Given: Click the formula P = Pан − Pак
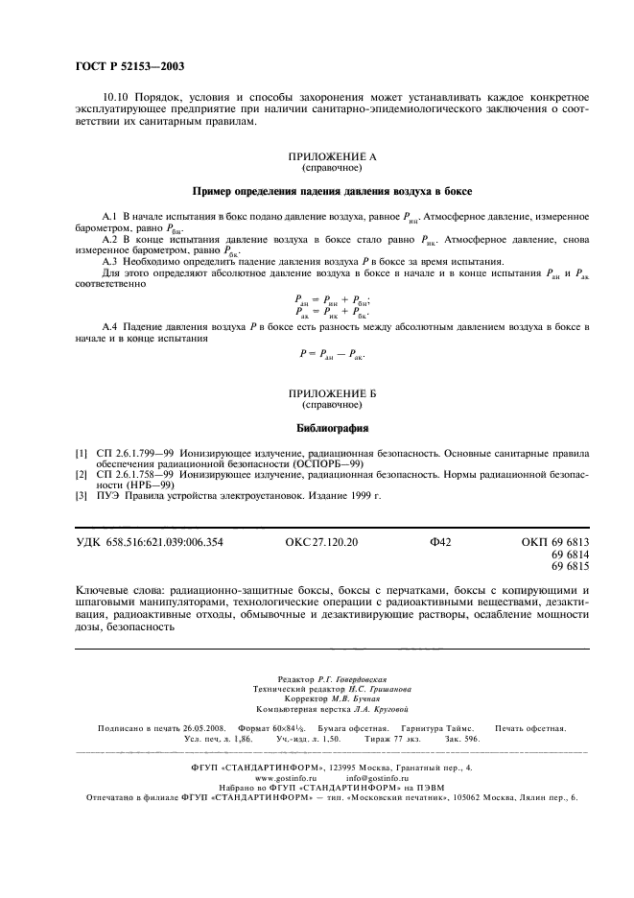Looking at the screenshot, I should tap(332, 354).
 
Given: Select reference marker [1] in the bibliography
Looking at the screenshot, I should tap(82, 451).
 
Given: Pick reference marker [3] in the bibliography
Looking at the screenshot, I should tap(82, 496).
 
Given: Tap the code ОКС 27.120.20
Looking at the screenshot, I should tap(321, 543).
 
